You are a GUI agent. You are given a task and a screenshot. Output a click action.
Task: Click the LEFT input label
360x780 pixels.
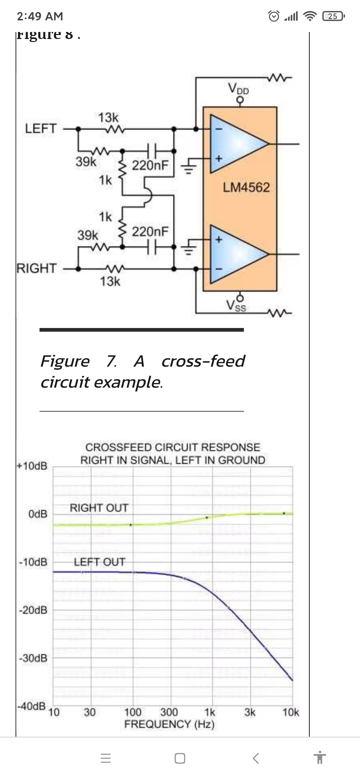pos(41,128)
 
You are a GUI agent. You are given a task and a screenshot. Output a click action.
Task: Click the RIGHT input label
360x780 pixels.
pos(37,268)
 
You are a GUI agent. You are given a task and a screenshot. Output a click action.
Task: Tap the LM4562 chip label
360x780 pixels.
pos(246,187)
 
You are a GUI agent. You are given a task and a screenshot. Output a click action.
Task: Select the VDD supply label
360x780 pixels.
pos(239,89)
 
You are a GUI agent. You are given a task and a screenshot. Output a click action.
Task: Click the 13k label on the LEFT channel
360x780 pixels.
pos(108,117)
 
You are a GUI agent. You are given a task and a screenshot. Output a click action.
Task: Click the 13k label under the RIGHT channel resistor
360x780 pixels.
pos(110,281)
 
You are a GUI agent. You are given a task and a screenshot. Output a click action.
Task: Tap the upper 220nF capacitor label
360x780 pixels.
pos(150,165)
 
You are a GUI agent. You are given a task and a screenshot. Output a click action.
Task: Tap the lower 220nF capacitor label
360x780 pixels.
pos(150,231)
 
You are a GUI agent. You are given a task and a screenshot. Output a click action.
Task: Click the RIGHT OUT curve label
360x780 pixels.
pos(99,508)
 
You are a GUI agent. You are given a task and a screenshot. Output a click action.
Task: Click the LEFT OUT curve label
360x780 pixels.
pos(99,562)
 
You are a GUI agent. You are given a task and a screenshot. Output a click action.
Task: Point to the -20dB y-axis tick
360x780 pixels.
pos(33,610)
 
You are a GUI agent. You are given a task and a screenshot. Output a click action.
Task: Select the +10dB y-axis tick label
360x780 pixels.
pos(32,466)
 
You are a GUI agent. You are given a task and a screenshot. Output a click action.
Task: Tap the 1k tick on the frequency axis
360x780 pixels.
pos(210,713)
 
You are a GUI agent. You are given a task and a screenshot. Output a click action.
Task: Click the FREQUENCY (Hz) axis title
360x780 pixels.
pos(169,724)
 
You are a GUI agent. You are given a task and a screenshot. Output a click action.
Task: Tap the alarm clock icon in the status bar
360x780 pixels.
pos(274,16)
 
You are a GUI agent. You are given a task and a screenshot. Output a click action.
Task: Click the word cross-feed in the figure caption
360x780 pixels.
pos(203,361)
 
